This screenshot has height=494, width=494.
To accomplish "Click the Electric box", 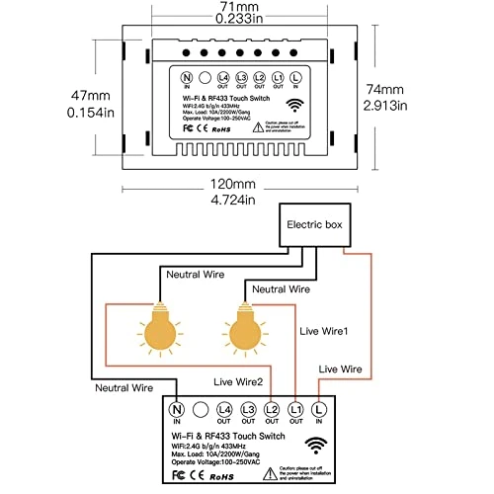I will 315,226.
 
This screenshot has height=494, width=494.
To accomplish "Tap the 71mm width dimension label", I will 246,8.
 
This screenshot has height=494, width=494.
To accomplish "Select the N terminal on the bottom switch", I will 179,408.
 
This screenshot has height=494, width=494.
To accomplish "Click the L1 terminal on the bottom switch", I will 294,408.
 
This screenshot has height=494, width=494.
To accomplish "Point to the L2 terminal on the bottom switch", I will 271,408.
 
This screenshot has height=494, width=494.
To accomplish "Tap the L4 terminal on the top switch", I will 224,77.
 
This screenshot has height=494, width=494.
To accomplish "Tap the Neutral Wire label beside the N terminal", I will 124,389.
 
